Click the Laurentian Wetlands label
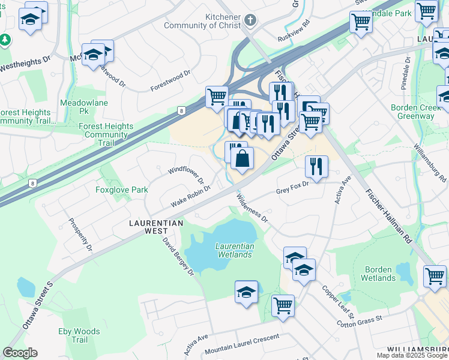pyautogui.click(x=234, y=250)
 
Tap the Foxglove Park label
pyautogui.click(x=121, y=190)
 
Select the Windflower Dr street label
pyautogui.click(x=186, y=176)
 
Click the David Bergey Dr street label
pyautogui.click(x=178, y=256)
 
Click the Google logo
pyautogui.click(x=20, y=353)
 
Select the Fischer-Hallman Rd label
pyautogui.click(x=388, y=214)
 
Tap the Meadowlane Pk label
pyautogui.click(x=75, y=107)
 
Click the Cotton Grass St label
pyautogui.click(x=360, y=320)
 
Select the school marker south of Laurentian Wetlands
pyautogui.click(x=246, y=292)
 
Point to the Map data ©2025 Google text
pyautogui.click(x=412, y=355)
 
